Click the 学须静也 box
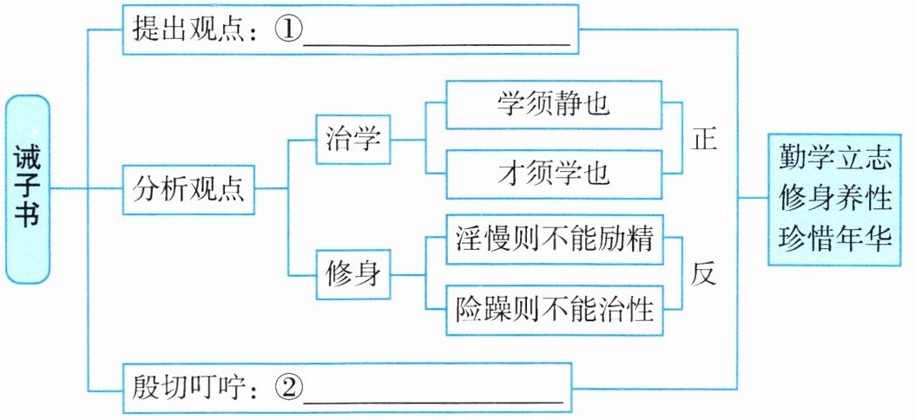554,105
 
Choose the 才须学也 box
554,173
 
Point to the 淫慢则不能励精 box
554,239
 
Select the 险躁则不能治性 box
554,308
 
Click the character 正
704,139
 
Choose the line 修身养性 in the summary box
835,199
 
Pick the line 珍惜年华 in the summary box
835,238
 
